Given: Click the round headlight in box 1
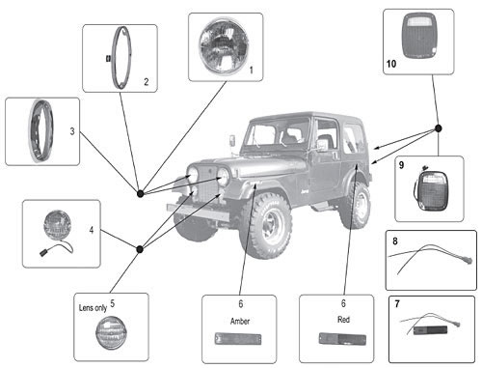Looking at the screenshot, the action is point(224,46).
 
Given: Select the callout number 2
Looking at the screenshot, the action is point(147,82).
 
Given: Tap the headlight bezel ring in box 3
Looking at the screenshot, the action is point(41,130).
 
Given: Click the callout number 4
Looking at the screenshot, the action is point(92,230).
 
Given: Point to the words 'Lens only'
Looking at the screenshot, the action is point(93,308).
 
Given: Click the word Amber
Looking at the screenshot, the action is point(240,321).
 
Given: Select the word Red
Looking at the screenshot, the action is point(343,320).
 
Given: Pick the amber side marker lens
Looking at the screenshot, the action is point(238,339).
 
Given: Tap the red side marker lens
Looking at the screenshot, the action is point(342,339).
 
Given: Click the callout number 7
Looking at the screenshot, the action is point(397,303).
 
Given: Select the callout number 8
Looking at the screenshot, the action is point(395,241).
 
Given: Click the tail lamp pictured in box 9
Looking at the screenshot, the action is point(431,190).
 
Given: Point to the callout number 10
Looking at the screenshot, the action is point(391,64).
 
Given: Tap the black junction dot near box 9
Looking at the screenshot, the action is point(438,128).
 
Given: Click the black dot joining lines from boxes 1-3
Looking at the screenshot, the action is point(140,194).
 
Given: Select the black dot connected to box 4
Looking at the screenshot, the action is point(140,249).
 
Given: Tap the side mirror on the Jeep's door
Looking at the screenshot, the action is point(323,145).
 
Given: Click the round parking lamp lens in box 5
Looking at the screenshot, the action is point(110,332).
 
